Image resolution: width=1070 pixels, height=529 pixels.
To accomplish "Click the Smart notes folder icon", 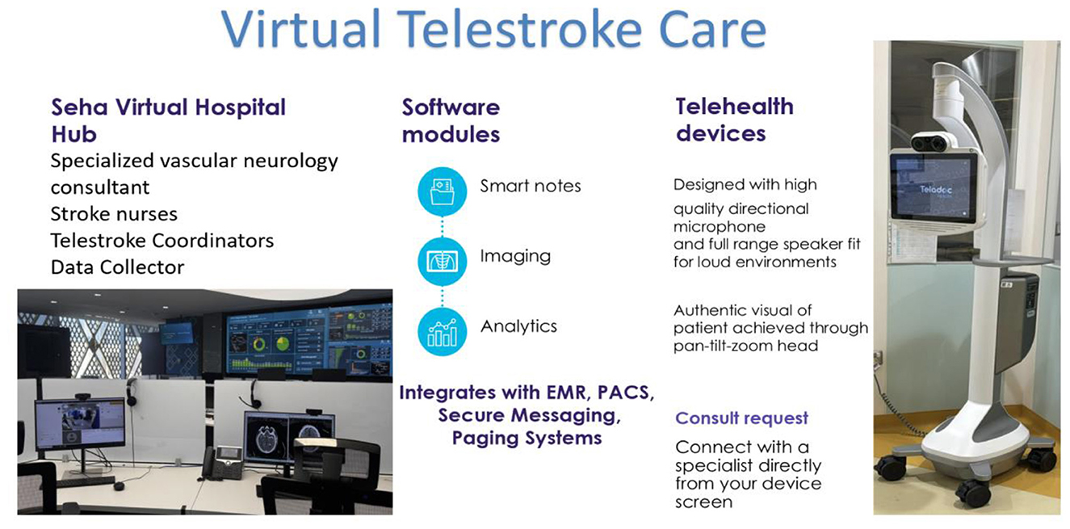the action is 442,191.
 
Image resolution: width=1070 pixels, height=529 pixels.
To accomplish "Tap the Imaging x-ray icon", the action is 442,262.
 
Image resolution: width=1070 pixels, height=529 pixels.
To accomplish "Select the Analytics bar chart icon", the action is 442,332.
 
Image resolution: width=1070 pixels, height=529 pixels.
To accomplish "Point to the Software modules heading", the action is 451,120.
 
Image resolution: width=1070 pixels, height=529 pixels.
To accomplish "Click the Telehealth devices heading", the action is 735,120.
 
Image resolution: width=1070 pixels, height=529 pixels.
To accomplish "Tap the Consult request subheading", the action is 742,418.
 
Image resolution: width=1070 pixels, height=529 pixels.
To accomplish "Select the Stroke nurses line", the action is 114,214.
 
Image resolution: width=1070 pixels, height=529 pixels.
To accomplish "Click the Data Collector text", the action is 118,267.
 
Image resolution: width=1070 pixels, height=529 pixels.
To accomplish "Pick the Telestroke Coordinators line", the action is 162,241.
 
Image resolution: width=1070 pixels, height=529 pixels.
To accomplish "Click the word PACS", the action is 626,393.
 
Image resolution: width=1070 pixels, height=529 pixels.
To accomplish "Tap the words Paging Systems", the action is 527,439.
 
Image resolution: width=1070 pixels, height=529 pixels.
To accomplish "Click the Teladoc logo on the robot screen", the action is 935,190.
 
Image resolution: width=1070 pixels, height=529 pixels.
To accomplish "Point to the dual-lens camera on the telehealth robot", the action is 934,142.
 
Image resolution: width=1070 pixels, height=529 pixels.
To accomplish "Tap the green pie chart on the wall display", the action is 283,343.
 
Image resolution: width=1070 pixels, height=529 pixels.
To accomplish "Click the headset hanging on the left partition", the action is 131,392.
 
